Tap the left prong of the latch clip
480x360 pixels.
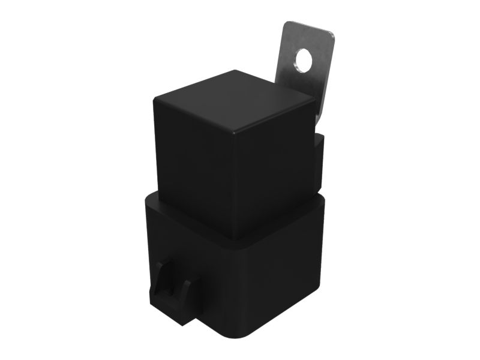point(159,288)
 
